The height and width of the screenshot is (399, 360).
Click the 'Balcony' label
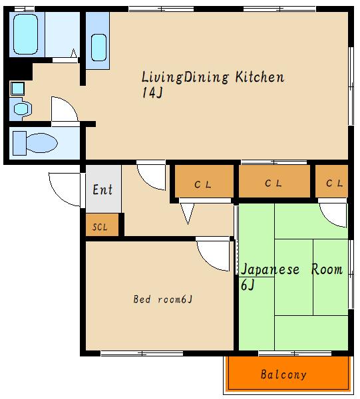coord(283,374)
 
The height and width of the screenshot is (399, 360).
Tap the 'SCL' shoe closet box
coord(102,225)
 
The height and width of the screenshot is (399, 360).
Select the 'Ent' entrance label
coord(102,190)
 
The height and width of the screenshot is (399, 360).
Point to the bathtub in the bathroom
coord(25,34)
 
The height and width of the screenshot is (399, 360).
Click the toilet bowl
coord(42,143)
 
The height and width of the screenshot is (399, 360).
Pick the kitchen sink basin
coord(98,48)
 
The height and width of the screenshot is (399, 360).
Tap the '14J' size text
coord(152,92)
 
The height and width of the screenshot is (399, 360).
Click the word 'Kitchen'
coord(260,77)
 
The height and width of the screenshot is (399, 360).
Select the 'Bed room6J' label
coord(162,299)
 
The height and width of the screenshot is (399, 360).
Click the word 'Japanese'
coord(270,269)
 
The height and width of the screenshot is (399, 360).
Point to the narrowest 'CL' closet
coord(331,181)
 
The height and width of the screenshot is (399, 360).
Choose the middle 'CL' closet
coord(274,181)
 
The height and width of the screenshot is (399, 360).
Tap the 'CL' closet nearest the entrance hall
coord(204,181)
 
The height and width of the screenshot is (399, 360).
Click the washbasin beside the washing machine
coord(21,109)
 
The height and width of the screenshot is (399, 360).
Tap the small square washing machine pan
coord(17,88)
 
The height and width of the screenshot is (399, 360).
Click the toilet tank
coord(19,143)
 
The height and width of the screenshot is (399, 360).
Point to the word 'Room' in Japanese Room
coord(327,269)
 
